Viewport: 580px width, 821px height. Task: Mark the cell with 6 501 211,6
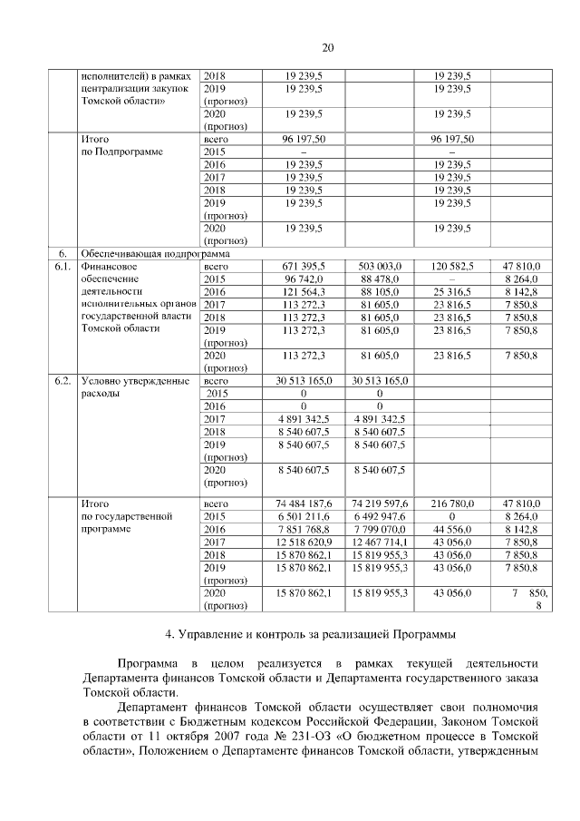pyautogui.click(x=304, y=515)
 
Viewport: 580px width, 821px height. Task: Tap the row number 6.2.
pyautogui.click(x=63, y=382)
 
